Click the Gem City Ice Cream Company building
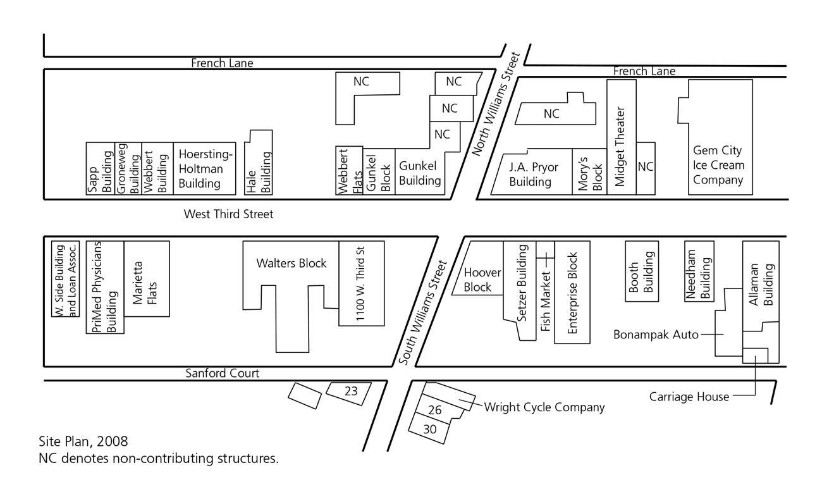[x=718, y=165]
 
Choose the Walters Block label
[x=291, y=263]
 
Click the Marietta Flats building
[x=147, y=278]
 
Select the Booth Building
[x=642, y=271]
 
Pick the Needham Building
[x=700, y=271]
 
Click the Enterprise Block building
[x=572, y=292]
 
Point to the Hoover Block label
[x=482, y=280]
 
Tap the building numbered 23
[x=351, y=392]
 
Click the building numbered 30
[x=430, y=428]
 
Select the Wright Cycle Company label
[x=544, y=407]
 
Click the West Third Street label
[x=228, y=214]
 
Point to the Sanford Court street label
[x=222, y=373]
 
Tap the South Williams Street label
[x=424, y=312]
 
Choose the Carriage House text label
[x=689, y=397]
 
